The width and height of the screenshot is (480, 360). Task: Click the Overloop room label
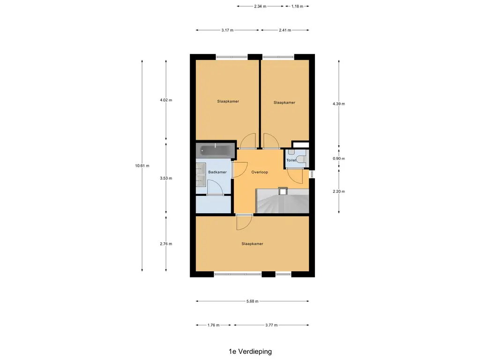pos(260,172)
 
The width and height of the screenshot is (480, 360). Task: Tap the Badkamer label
pos(217,172)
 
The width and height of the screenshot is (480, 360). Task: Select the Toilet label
pos(292,160)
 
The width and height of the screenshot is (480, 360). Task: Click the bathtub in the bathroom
pos(216,150)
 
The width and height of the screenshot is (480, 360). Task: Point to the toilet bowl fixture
pos(301,159)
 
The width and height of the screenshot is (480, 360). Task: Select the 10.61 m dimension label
pos(142,165)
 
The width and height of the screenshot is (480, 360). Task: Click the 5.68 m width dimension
pos(253,301)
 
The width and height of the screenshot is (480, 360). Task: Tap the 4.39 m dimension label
pos(338,104)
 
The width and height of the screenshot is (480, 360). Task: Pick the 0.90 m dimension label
pos(338,158)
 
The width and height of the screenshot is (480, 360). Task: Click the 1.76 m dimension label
pos(213,325)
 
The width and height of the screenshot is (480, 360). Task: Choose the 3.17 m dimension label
pos(227,30)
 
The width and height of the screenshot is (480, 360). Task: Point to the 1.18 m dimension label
pos(297,6)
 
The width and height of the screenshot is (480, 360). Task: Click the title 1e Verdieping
pos(250,352)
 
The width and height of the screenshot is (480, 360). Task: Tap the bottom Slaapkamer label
pos(252,244)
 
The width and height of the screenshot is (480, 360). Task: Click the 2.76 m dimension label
pos(166,244)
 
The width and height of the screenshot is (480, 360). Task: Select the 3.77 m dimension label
pos(271,325)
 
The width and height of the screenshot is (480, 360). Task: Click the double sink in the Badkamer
pos(201,174)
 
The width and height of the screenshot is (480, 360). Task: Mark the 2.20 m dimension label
pos(338,191)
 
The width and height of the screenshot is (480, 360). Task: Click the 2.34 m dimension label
pos(260,6)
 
